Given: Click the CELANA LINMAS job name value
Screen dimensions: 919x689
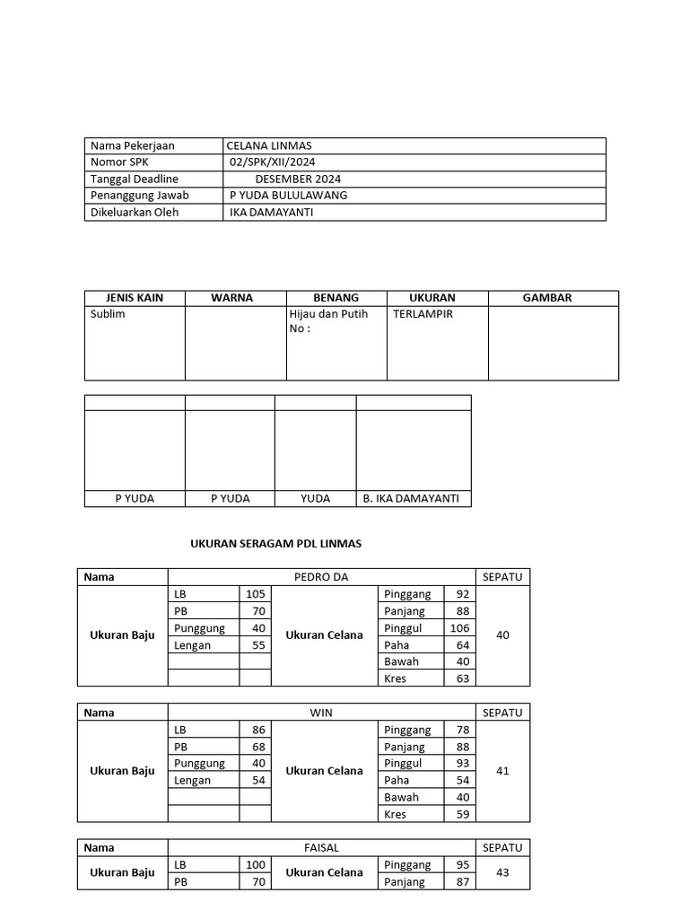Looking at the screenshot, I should tap(269, 145).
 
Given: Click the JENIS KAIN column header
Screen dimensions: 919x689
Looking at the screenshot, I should tap(135, 298).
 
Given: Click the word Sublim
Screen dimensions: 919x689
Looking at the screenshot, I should tap(108, 314).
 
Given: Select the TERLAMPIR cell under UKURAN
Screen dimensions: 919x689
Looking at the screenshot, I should tap(423, 314).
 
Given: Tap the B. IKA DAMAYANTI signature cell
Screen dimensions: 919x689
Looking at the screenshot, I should tap(413, 498).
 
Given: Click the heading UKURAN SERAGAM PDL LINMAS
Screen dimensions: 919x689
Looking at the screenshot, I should tap(276, 544).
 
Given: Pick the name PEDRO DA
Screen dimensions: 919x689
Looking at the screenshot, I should tap(321, 577).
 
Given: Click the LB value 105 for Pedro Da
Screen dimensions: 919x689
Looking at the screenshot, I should tap(256, 594).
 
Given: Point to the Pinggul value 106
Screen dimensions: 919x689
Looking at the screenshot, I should tap(459, 628).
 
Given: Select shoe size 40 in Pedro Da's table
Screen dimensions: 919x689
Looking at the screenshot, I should tap(502, 635).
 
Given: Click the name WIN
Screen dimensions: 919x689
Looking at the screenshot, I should tap(321, 713).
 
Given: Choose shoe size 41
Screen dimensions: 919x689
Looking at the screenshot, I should tap(502, 771).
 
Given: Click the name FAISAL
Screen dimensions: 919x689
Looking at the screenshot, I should tap(321, 848).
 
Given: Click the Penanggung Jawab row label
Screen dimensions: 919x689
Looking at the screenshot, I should tap(140, 196).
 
